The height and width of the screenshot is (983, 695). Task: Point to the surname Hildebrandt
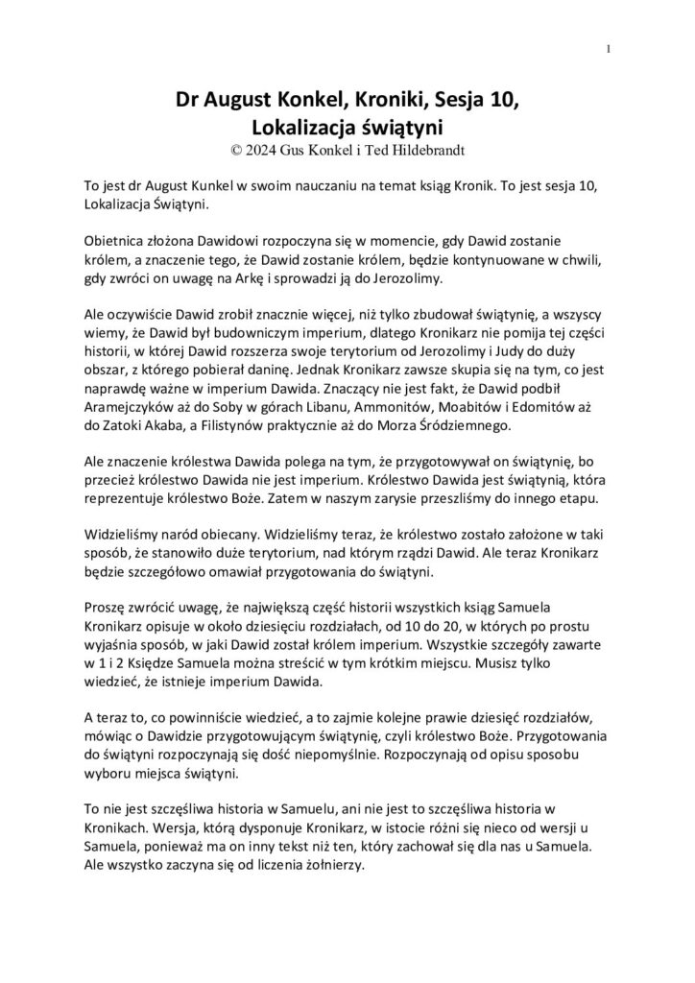(x=415, y=149)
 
